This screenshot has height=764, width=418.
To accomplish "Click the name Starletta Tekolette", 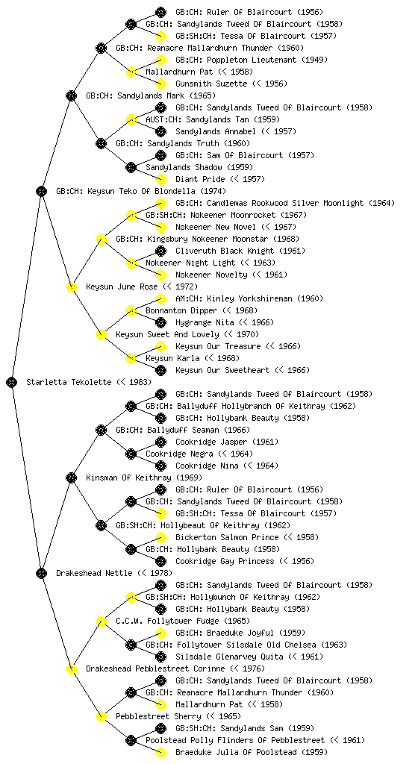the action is click(69, 382).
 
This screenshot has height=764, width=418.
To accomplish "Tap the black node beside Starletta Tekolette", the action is click(12, 382).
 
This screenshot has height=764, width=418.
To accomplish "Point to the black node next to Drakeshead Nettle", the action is click(41, 573).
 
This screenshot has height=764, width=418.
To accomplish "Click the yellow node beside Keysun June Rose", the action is click(71, 286).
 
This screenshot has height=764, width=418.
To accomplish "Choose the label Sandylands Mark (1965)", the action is click(151, 95).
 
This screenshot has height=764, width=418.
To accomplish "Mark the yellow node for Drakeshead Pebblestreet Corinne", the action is click(71, 668).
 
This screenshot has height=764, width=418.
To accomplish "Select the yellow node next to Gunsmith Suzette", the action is click(160, 84).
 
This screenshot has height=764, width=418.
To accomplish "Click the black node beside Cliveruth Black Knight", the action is click(160, 251).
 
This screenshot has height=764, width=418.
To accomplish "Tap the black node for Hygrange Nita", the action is click(160, 322).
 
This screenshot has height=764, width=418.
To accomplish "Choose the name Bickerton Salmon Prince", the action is click(227, 537).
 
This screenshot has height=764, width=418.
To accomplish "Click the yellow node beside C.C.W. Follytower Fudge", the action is click(101, 621).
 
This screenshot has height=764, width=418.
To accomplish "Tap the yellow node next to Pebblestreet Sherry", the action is click(101, 716).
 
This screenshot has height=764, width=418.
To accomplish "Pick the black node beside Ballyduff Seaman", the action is click(101, 430).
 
